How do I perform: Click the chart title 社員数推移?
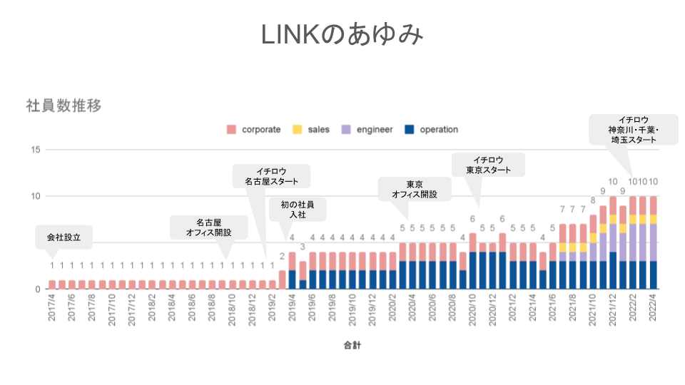[64, 106]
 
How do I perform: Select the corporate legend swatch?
[231, 130]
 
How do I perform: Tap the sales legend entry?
[311, 130]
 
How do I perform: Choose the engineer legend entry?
[367, 130]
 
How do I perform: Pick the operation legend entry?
[431, 130]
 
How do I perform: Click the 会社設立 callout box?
[64, 237]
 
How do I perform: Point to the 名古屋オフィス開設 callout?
[209, 227]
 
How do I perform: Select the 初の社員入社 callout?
[298, 209]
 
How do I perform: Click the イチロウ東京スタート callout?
[489, 165]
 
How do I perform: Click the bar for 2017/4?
[52, 284]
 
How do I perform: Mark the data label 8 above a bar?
[593, 200]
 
